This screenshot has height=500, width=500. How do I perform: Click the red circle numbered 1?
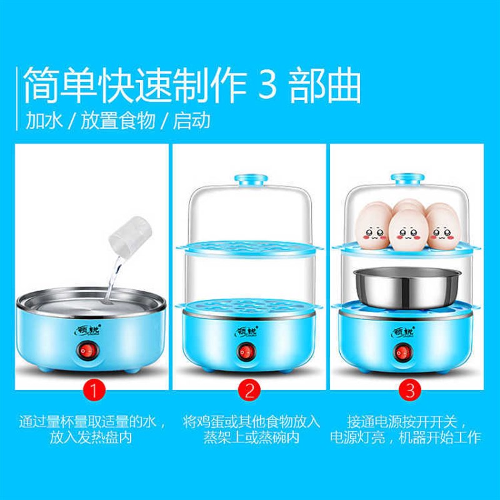coord(92,392)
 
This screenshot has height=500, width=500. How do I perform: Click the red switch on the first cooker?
coord(86,353)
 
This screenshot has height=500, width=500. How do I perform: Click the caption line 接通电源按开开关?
coord(406,421)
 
